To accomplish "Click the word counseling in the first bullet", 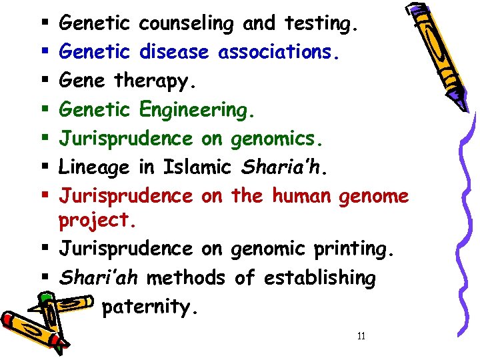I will [186, 25].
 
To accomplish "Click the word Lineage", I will [95, 167].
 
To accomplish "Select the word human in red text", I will [301, 196].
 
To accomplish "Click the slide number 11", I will [361, 336].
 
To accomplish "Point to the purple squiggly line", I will [460, 200].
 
